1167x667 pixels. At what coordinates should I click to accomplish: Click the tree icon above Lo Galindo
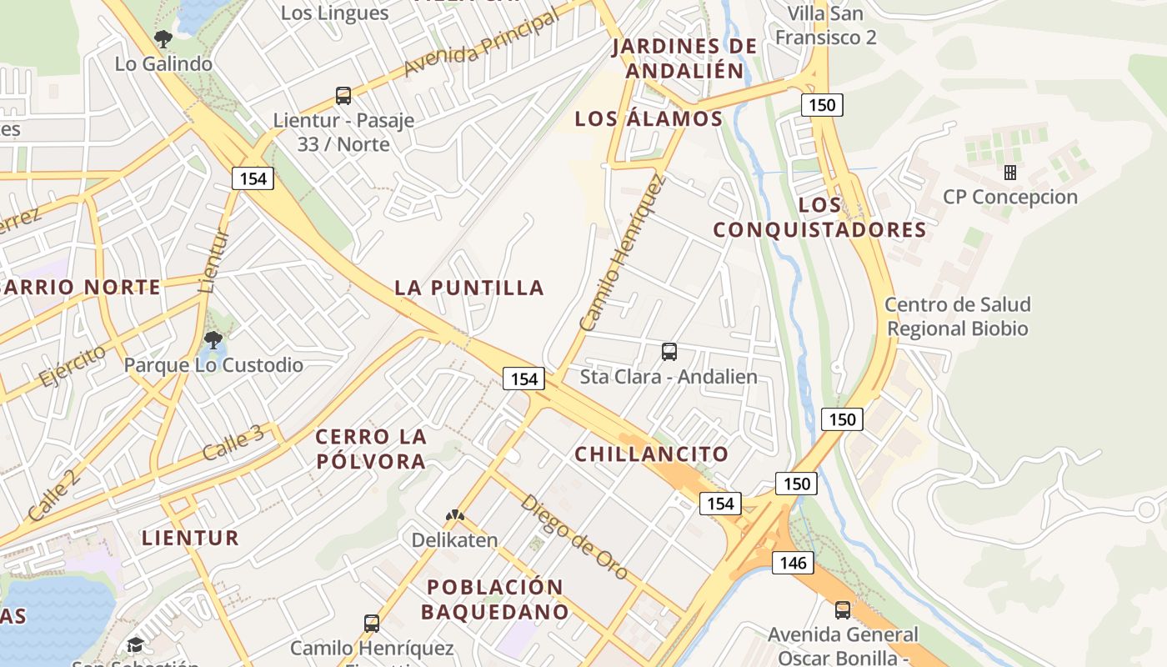click(163, 38)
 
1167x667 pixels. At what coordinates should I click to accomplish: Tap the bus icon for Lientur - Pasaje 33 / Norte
click(343, 96)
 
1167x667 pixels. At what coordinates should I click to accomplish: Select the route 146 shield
click(793, 563)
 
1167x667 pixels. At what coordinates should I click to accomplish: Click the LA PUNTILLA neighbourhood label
click(469, 288)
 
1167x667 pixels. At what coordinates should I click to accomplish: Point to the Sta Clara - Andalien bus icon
click(669, 352)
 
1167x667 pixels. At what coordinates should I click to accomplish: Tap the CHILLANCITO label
click(652, 454)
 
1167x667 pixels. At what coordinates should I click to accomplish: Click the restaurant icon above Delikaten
click(454, 517)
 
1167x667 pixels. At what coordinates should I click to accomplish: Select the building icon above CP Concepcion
click(1010, 173)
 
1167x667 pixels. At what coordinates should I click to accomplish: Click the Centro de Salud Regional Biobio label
click(958, 317)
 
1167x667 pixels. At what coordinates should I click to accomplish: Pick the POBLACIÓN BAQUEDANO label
click(494, 599)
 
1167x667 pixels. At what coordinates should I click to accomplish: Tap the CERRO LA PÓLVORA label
click(371, 449)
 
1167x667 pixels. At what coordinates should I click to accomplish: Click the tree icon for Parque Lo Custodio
click(213, 339)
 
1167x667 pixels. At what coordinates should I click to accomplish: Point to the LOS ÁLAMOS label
click(649, 118)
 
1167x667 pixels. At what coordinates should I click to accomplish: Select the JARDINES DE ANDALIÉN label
click(684, 58)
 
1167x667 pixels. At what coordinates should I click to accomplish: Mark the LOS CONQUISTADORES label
click(819, 217)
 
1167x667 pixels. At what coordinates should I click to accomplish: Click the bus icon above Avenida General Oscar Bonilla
click(843, 609)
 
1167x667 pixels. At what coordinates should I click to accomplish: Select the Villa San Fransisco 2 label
click(826, 25)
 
